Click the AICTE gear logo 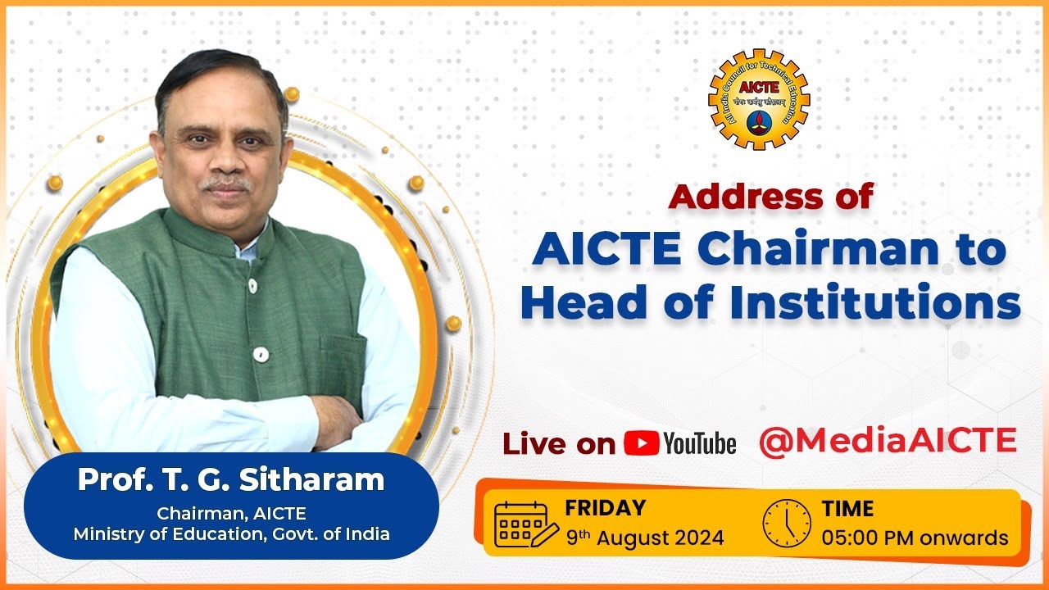758,100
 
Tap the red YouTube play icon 642,443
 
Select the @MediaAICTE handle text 888,440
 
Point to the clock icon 787,523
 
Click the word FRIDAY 605,507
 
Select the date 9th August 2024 645,538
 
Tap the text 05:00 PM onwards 915,538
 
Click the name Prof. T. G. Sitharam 231,480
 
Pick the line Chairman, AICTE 231,514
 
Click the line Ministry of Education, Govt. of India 231,533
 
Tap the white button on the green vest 261,354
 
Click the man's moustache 227,184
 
